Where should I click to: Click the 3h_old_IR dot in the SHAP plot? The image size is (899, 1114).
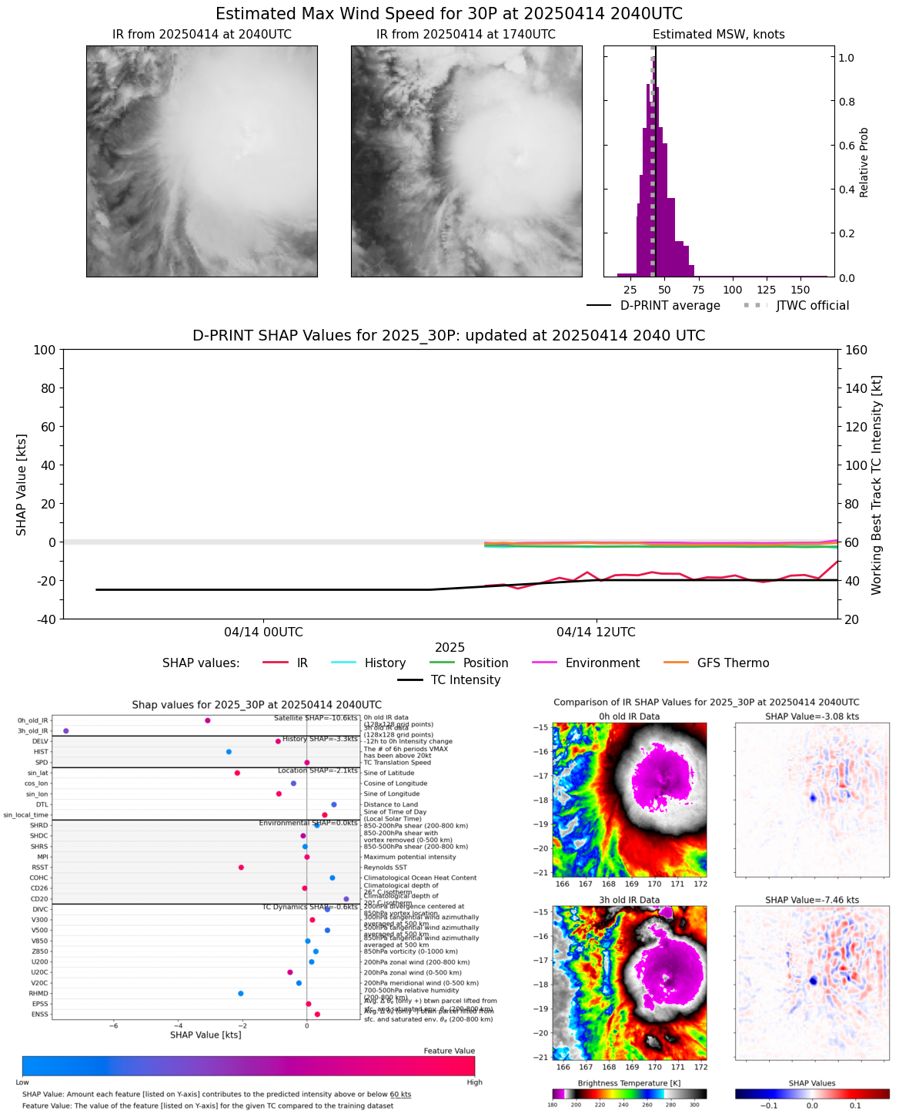(x=66, y=730)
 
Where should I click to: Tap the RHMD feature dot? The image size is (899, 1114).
(x=241, y=993)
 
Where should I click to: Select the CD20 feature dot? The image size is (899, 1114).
(x=346, y=898)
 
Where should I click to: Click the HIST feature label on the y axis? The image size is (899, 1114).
(x=41, y=752)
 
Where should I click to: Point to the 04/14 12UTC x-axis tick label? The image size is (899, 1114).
(x=596, y=632)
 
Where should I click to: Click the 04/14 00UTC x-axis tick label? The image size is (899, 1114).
(x=264, y=632)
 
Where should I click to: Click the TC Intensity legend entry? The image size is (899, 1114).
(x=449, y=680)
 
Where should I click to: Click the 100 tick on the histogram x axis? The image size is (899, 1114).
(x=733, y=290)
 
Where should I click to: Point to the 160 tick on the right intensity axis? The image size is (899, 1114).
(x=857, y=350)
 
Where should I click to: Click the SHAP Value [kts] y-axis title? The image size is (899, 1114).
(x=22, y=484)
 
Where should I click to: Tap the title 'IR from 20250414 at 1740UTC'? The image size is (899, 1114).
(x=466, y=35)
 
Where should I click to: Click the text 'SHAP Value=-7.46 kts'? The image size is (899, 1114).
(x=811, y=900)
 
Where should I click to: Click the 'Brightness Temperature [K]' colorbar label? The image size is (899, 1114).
(x=630, y=1083)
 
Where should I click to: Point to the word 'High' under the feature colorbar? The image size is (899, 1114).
(x=474, y=1082)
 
